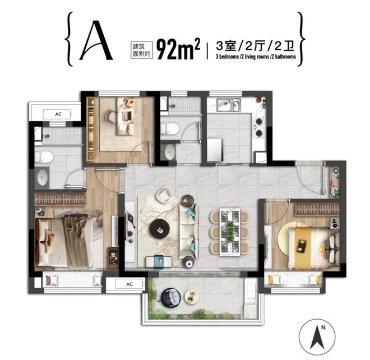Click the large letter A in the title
(x=95, y=40)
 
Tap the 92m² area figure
(x=178, y=49)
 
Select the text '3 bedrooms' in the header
(x=227, y=57)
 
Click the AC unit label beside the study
(x=58, y=114)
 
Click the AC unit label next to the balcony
(x=129, y=284)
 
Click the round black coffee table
(x=160, y=229)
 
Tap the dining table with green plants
(x=230, y=232)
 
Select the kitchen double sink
(x=229, y=105)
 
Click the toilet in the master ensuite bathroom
(x=44, y=157)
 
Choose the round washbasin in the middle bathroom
(x=170, y=152)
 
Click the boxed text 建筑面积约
(x=142, y=50)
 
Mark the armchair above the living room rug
(x=164, y=195)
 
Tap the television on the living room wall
(x=129, y=227)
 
